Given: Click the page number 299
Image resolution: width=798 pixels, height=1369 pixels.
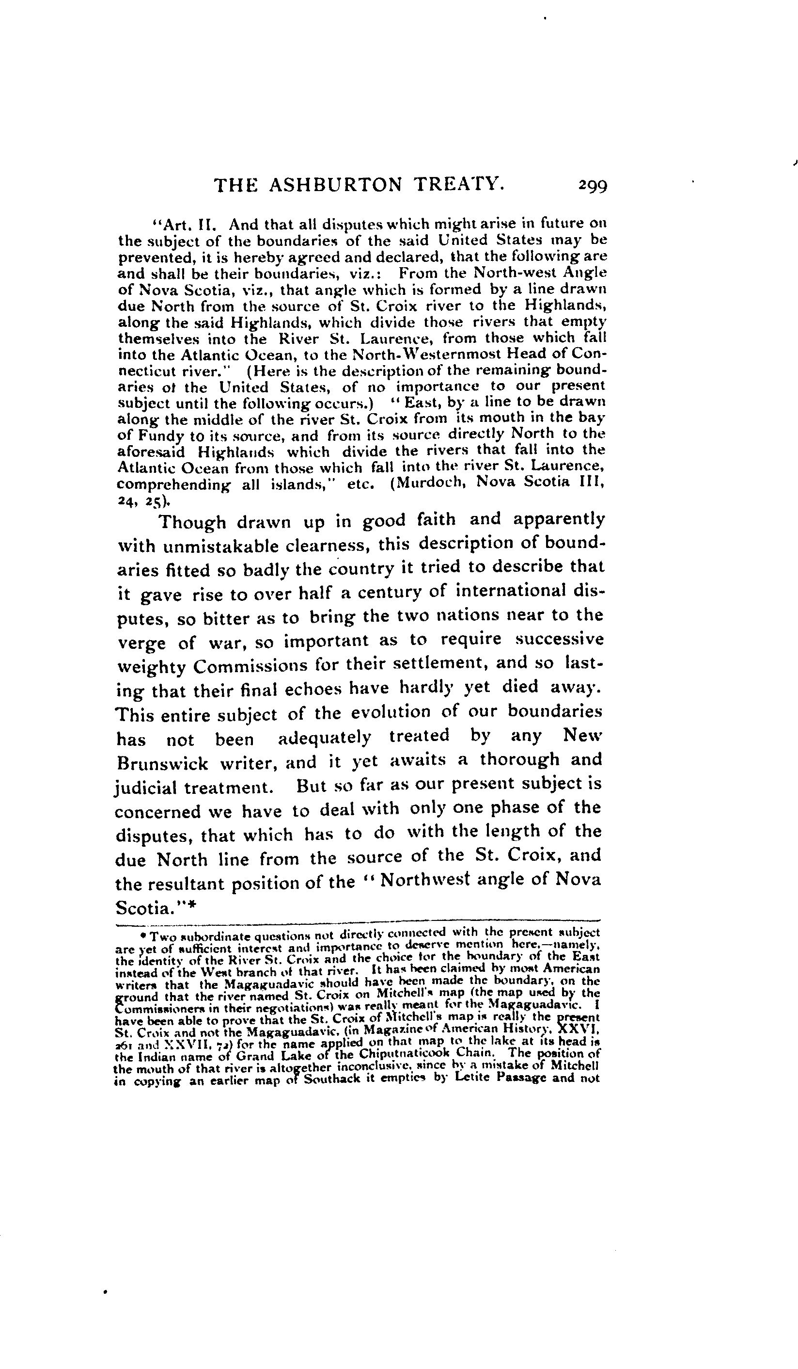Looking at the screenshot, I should pos(593,186).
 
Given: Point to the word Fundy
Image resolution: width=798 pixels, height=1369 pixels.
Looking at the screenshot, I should pos(161,435).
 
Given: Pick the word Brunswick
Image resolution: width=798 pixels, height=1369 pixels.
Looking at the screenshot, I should pos(162,763).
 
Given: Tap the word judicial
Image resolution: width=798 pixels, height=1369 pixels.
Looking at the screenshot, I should pos(146,787).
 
